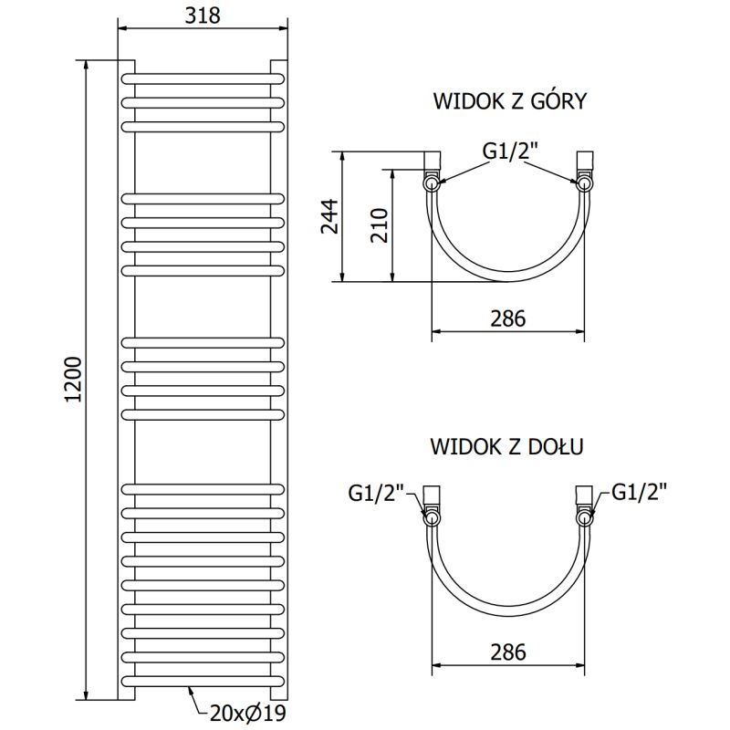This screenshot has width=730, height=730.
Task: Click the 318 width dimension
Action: [x=203, y=15]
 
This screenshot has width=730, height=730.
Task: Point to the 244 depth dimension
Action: [x=329, y=216]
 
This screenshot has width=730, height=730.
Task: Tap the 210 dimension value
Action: [x=381, y=224]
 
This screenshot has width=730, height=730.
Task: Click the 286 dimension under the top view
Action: [x=507, y=318]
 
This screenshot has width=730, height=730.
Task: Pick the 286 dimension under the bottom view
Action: [x=507, y=652]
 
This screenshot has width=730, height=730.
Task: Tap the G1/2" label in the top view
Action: [x=511, y=151]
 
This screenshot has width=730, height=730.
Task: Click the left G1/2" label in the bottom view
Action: [x=375, y=493]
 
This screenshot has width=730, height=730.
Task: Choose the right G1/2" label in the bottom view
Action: [x=639, y=493]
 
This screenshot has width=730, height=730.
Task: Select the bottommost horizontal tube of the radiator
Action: [x=203, y=682]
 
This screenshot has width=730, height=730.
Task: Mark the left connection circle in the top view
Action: [x=432, y=183]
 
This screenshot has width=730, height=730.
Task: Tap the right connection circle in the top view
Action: [x=583, y=183]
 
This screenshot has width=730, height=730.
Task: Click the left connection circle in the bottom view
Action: [x=432, y=517]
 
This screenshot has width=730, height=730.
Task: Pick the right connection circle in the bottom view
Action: [x=583, y=517]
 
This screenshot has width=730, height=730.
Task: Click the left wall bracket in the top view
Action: [x=433, y=162]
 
